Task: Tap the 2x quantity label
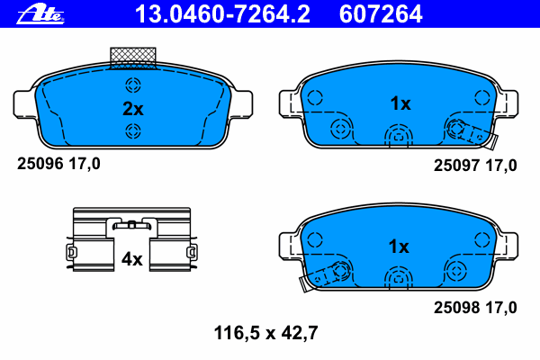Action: pyautogui.click(x=133, y=109)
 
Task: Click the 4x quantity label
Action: pyautogui.click(x=132, y=259)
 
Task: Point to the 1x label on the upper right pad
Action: pyautogui.click(x=400, y=103)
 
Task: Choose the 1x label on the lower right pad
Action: pyautogui.click(x=399, y=246)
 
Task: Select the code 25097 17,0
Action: pyautogui.click(x=476, y=165)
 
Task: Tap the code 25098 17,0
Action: pyautogui.click(x=476, y=308)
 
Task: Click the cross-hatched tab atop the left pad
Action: pyautogui.click(x=132, y=57)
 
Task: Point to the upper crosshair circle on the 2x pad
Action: pyautogui.click(x=133, y=86)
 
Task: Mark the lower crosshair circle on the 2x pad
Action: pyautogui.click(x=133, y=132)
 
